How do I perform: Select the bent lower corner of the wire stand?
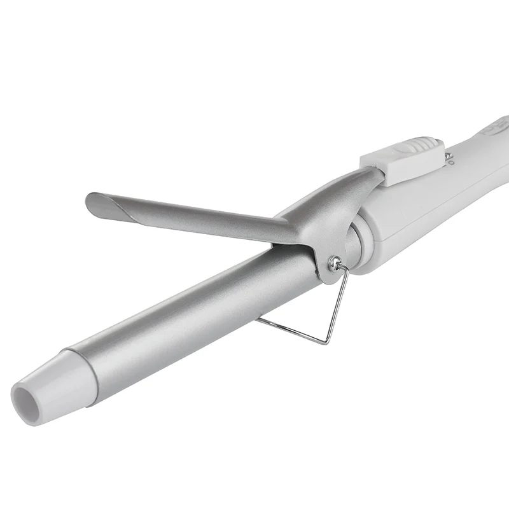(326, 342)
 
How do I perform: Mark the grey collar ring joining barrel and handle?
(356, 245)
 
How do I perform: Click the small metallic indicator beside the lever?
(449, 154)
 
